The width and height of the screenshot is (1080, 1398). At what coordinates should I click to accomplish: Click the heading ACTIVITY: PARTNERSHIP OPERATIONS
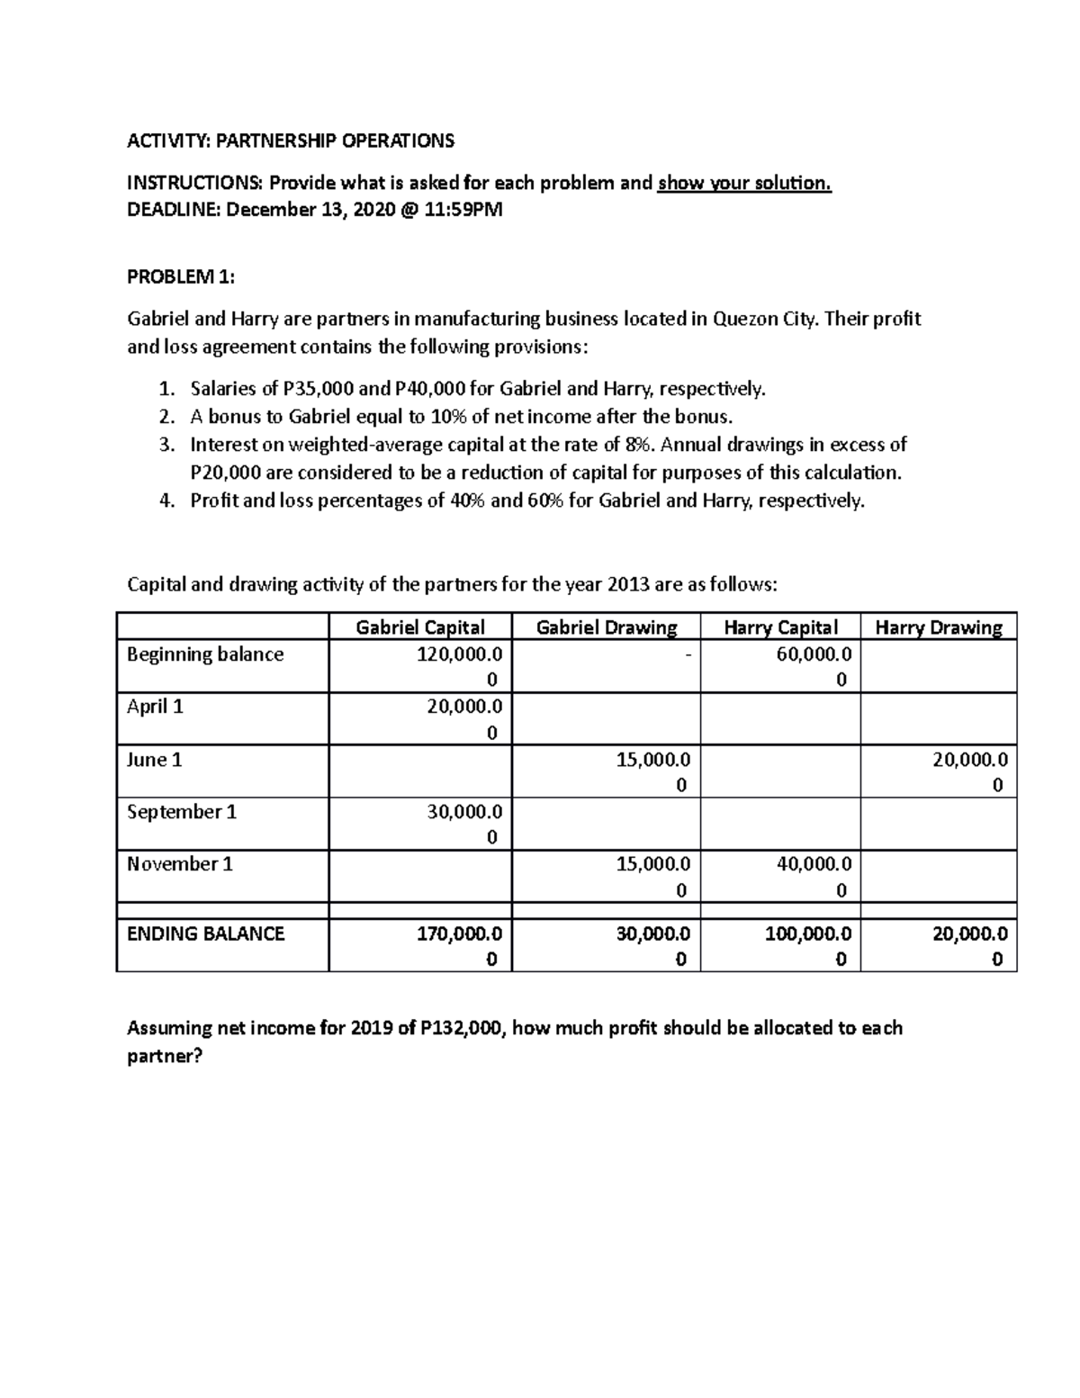[x=291, y=140]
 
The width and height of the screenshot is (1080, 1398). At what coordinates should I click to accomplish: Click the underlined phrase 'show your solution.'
[x=744, y=184]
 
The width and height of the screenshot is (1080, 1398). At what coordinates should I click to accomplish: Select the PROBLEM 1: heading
[x=181, y=277]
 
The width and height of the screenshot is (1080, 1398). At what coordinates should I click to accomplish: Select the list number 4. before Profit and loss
[x=166, y=501]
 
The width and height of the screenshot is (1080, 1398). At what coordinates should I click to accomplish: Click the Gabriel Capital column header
[x=420, y=627]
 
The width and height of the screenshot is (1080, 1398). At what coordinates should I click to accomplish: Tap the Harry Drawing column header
[x=938, y=627]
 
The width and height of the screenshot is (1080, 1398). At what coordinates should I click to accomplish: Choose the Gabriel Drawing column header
[x=606, y=627]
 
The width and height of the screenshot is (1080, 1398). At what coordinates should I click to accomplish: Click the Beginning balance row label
[x=205, y=654]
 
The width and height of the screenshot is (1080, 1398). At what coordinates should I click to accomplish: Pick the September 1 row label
[x=182, y=812]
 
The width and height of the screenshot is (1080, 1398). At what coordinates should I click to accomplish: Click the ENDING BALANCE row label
[x=205, y=934]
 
